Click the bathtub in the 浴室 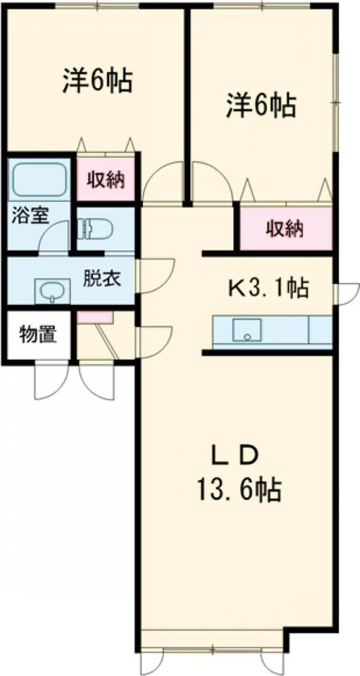point(38,180)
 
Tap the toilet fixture point(95,228)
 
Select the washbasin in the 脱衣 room point(52,291)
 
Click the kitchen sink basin point(247,330)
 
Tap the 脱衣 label point(102,280)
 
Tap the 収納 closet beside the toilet point(106,180)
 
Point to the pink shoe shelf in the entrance point(95,317)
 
